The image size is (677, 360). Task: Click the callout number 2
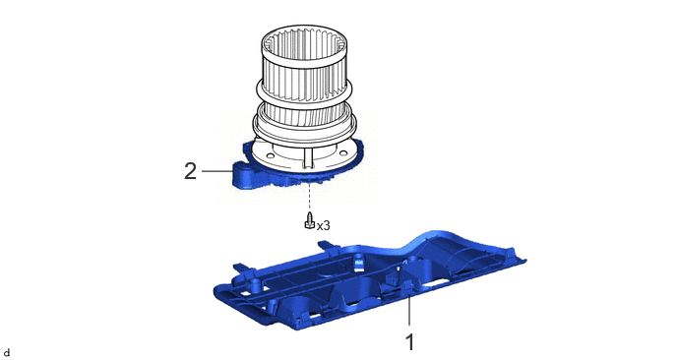point(191,172)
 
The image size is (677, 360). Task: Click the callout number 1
point(409,342)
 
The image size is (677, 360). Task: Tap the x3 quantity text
point(324,225)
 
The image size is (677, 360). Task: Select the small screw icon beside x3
point(310,220)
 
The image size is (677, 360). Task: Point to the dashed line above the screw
point(310,197)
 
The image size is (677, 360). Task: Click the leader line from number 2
point(216,171)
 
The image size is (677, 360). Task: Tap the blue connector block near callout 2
point(243,174)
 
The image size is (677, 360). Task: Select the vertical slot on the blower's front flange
point(307,158)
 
